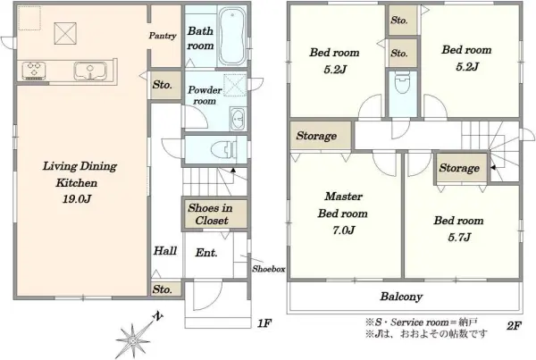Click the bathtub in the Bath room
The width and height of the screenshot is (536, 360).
coord(231,37)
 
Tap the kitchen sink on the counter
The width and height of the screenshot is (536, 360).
coord(90,71)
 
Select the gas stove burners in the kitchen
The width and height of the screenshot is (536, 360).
coord(34,71)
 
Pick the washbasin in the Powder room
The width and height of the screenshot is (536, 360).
coord(238,119)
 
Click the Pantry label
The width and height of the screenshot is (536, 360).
coord(163,36)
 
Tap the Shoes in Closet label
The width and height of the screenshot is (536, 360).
coord(210,214)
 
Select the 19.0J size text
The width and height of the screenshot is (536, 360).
coord(77,199)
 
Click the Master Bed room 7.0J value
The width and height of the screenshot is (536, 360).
coord(344,230)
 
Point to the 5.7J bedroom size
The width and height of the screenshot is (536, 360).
coord(459,237)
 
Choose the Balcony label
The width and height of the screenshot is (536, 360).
coord(402,297)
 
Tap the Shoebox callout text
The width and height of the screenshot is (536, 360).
coord(269,269)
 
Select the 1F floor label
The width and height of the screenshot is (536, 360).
coord(264,323)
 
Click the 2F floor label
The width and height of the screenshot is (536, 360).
coord(514,326)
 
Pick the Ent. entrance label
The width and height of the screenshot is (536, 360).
coord(206,253)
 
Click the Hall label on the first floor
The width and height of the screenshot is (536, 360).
coord(165,251)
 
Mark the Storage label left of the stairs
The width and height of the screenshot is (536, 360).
coord(459,168)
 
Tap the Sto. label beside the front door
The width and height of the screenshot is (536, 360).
coord(163,289)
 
